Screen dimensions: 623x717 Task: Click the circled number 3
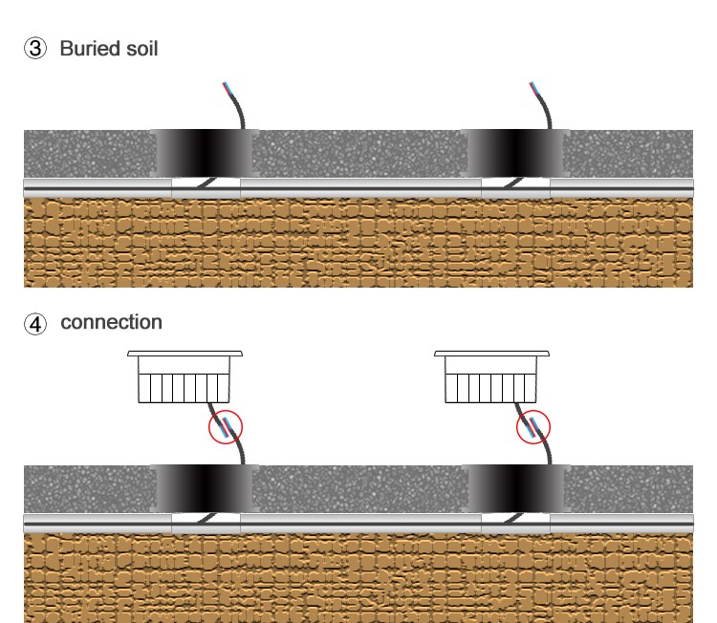[34, 50]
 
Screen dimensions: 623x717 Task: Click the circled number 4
[34, 324]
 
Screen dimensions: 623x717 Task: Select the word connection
[111, 323]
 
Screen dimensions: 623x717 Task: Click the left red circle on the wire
[226, 426]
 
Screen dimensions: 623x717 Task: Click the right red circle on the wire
[533, 426]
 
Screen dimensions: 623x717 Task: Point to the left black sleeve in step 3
[203, 153]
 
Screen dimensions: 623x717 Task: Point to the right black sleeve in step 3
[516, 153]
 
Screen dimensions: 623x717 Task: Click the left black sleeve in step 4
[203, 488]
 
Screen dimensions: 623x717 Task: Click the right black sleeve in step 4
[516, 488]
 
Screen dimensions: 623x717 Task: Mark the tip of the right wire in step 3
[532, 84]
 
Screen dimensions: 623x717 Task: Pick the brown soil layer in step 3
[358, 244]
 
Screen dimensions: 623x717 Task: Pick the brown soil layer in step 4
[358, 578]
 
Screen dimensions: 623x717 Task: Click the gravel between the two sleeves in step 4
[358, 488]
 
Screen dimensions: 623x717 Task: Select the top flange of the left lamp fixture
[185, 354]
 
